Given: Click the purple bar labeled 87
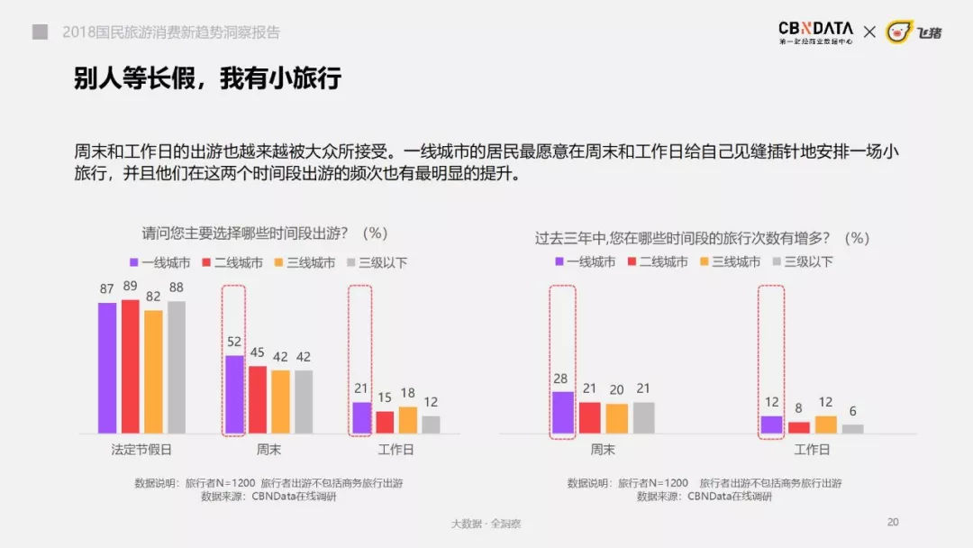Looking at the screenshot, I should pos(107,368).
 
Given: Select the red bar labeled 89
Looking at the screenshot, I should pos(131,366).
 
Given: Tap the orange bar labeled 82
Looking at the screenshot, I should pos(153,371).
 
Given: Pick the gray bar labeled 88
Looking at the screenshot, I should pos(177,367).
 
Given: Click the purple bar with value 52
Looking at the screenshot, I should pos(234,394).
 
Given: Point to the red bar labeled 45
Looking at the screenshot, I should pos(258,399).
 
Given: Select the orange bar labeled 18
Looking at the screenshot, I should pos(407,420).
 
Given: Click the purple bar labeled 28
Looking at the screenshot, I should pos(562,412).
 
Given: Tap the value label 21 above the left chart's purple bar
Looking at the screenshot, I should pos(360,388).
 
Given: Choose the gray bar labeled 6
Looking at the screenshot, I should pos(852,429).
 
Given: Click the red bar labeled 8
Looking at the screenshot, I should pos(798,427).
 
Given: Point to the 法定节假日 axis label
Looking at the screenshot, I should pos(141,448).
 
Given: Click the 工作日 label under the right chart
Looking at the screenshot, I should pos(812,449).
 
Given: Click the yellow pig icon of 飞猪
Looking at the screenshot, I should pos(898,32).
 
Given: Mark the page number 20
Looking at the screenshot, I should pos(893,522).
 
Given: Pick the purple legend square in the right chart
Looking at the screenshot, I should pos(559,262).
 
